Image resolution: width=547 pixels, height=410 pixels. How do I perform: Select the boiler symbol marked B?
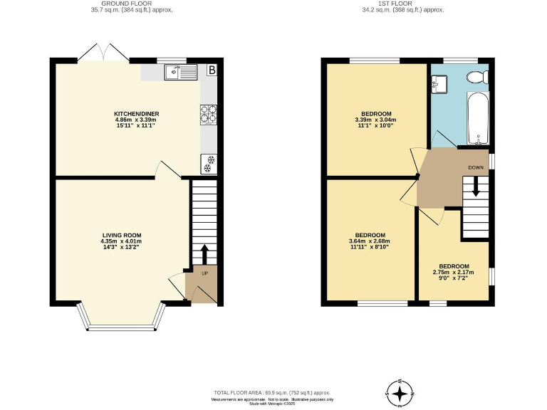212,70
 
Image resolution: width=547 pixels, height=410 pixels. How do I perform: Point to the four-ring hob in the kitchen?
209,114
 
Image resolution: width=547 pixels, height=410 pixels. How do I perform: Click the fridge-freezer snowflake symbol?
209,163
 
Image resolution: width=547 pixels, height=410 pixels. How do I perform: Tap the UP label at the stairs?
204,273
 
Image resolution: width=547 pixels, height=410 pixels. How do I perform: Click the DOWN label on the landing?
476,167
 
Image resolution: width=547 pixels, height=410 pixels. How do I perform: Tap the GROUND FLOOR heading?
132,4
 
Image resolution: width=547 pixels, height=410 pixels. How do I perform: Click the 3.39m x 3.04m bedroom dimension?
375,120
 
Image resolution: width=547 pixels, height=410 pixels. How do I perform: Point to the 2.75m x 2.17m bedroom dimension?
454,272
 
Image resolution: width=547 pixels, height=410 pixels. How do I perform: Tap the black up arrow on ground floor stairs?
204,254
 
